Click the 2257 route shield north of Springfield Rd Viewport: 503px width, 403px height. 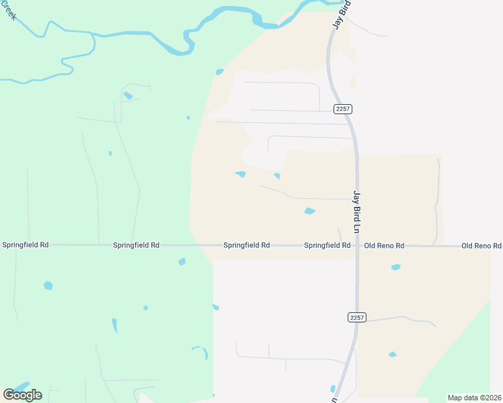pos(342,109)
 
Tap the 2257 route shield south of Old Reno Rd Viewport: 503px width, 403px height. pos(357,317)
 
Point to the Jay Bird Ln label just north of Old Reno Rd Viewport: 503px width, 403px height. pos(358,212)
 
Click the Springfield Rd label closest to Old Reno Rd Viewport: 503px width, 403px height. pos(327,246)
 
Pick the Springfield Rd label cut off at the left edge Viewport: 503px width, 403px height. pos(25,245)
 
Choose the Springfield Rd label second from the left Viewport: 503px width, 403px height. pos(137,246)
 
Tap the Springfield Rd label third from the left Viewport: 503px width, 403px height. pos(247,246)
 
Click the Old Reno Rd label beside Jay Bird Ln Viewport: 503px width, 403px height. pos(384,246)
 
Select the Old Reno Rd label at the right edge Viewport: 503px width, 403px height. pos(481,246)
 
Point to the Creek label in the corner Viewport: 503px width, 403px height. pos(8,9)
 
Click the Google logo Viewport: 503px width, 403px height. pos(22,394)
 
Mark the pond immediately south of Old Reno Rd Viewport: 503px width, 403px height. pos(395,267)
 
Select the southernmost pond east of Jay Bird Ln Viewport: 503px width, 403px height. pos(392,354)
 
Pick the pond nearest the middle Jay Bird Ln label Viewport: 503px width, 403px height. pos(309,211)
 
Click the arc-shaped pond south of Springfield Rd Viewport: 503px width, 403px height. pos(200,351)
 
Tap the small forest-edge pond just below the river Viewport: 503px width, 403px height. pos(219,72)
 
